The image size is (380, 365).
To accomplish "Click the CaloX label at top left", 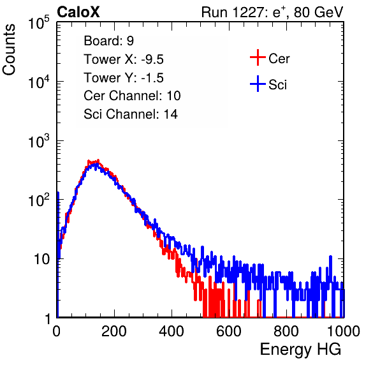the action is coord(78,12).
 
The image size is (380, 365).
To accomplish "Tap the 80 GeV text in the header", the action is coord(318,12).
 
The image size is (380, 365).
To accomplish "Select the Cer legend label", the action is coord(279,59).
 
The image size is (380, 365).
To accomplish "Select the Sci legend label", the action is coord(277,85).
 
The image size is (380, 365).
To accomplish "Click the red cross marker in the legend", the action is coord(258,57).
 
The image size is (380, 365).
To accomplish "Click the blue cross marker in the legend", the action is coord(258,84).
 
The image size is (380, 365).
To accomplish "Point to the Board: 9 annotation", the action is coord(109,41).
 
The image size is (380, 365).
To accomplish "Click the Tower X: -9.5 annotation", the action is coord(124,59).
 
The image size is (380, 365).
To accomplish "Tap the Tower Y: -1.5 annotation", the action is coord(124,78).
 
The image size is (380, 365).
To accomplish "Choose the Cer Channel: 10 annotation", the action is coord(132,96).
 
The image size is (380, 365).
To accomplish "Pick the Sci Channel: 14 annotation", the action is coord(131,114).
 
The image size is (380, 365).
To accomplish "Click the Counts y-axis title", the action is coord(9,50).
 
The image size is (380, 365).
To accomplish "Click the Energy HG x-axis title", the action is coord(300,350).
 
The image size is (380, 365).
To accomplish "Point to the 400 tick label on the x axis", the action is coord(172,331).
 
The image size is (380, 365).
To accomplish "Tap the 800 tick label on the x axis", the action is coord(286,331).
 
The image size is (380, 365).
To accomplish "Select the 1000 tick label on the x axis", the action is coord(344,331).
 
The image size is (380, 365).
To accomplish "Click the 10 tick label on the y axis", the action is coord(42,259).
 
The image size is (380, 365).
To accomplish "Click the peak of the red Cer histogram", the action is coord(98,160).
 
